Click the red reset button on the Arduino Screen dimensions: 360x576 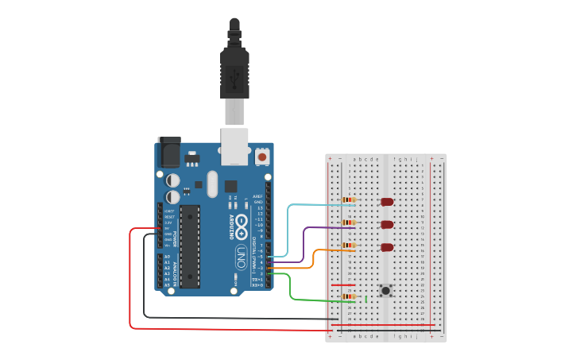point(262,157)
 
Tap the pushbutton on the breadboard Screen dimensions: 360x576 point(386,291)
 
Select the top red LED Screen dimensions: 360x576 point(387,202)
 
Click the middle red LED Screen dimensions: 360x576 point(387,224)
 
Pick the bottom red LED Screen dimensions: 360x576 point(387,247)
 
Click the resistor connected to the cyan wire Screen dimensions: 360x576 point(348,199)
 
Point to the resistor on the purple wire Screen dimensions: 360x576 point(348,223)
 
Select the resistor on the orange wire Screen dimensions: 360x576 point(348,246)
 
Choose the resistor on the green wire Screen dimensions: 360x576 point(348,297)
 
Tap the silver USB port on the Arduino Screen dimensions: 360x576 point(234,146)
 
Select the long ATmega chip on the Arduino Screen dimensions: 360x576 point(189,246)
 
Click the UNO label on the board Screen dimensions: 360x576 point(241,257)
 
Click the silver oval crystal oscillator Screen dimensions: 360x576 point(211,184)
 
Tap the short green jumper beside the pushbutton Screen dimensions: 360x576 point(365,299)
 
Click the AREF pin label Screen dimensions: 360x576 point(257,195)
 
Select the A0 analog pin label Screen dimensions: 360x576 point(166,257)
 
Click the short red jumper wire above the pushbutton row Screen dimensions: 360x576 point(343,285)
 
